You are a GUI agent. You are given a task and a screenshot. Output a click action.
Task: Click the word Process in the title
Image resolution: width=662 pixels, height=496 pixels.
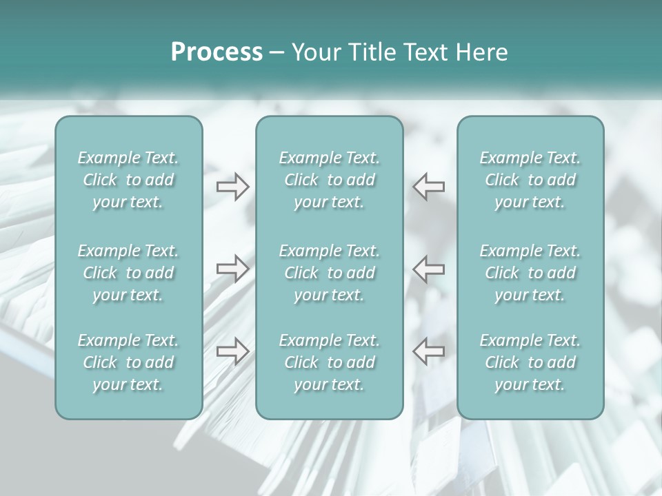217,52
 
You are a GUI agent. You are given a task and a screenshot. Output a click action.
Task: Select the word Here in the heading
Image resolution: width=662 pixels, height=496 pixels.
482,52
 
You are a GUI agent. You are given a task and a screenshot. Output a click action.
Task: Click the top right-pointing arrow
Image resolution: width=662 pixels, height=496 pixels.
232,187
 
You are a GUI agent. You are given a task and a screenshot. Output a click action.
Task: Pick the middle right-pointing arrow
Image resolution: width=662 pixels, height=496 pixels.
232,268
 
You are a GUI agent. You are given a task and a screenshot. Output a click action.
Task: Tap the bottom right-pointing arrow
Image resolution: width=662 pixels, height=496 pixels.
232,351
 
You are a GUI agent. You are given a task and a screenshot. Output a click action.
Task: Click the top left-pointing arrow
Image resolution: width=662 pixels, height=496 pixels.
429,187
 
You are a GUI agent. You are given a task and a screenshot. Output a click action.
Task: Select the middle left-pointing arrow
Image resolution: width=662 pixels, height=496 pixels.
429,268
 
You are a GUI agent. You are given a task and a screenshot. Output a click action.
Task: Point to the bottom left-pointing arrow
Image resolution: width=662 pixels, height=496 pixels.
429,351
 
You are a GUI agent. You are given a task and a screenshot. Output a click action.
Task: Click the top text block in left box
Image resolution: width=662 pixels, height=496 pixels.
128,180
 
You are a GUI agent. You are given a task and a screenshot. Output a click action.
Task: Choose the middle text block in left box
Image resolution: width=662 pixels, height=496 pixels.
128,273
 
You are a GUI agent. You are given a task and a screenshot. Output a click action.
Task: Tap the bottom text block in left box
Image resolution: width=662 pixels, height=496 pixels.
128,362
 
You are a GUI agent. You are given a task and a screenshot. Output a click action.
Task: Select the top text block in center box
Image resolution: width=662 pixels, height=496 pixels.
330,180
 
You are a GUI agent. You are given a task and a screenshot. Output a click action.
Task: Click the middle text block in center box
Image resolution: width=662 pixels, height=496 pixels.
330,273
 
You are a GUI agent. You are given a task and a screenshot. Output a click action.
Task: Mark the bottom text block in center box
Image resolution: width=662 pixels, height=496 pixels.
330,362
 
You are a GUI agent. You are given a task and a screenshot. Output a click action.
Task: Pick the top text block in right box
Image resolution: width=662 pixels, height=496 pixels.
530,180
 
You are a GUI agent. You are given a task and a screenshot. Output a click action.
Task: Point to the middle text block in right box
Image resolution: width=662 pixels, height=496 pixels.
530,273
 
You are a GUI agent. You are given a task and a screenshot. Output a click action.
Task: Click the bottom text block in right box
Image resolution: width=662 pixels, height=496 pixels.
530,362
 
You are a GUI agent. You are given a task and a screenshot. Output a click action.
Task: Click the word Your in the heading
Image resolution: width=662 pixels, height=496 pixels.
314,52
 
